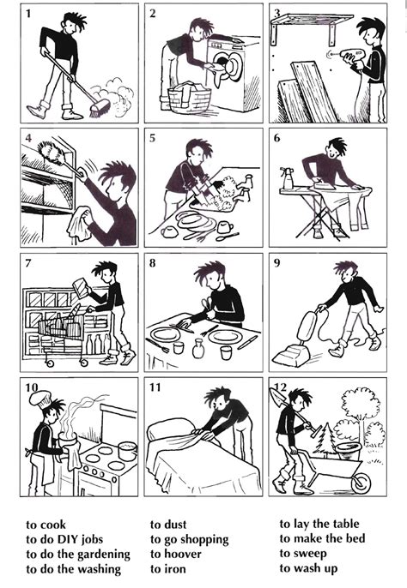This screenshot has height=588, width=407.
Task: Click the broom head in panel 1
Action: (100, 108)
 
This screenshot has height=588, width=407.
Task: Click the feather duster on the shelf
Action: (57, 154)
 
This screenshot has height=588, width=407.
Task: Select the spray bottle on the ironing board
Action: (287, 178)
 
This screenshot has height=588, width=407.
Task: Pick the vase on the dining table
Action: (198, 348)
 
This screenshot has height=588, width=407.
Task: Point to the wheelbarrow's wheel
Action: (361, 483)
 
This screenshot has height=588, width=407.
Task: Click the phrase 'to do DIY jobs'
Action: (64, 539)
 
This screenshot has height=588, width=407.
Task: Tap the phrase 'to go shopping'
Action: (190, 539)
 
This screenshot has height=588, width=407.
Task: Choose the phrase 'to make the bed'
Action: (322, 538)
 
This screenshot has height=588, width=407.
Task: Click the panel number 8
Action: (152, 263)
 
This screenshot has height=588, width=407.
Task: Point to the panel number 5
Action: (152, 138)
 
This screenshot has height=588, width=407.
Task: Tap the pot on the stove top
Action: (127, 451)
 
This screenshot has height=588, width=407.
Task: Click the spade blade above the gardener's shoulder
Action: (277, 397)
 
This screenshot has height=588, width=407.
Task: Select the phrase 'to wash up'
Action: (308, 568)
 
